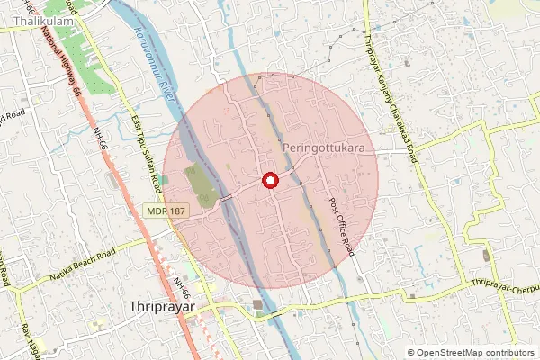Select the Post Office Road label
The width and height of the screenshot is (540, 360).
point(339,224)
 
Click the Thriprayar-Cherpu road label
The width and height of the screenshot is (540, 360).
point(504,287)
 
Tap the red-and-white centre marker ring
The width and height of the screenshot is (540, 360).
point(269,180)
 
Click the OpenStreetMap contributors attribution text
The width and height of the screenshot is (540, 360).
point(475,353)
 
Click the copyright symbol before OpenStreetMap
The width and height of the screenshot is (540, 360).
point(411,353)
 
